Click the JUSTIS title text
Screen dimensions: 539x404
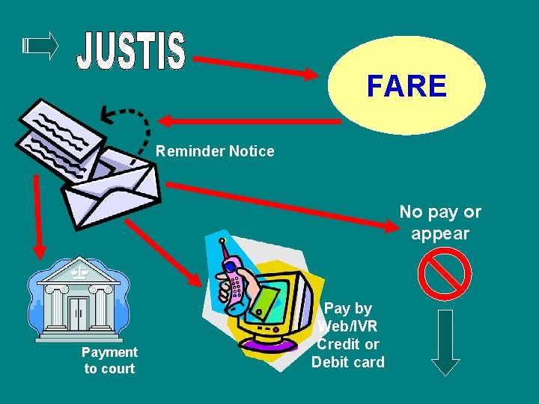(x=131, y=52)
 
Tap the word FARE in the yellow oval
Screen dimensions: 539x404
(x=406, y=86)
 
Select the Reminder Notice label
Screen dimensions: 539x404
(x=215, y=151)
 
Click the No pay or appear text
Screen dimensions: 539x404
(x=440, y=222)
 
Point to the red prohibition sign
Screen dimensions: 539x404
(x=445, y=274)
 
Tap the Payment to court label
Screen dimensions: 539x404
(x=109, y=360)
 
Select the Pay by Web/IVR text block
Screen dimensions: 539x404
(x=348, y=335)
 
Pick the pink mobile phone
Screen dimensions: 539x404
(x=235, y=277)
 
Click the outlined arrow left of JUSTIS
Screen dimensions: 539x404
(x=40, y=46)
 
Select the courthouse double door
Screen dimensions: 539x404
(x=79, y=313)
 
